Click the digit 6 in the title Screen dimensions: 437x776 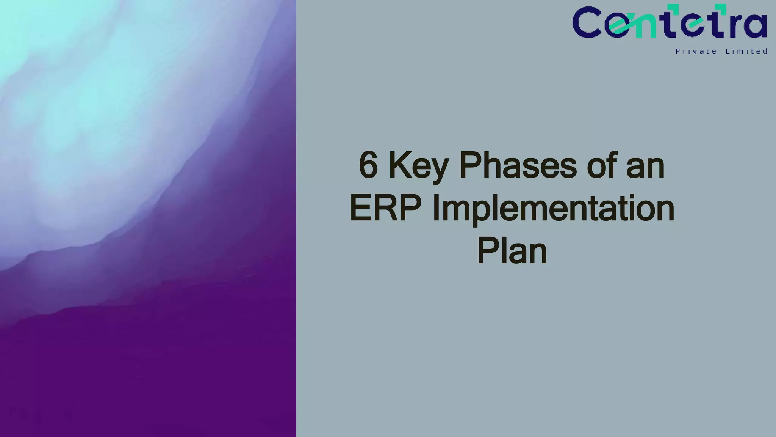click(368, 166)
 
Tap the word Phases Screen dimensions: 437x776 click(518, 166)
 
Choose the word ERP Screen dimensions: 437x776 click(385, 208)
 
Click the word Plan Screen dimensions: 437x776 click(512, 251)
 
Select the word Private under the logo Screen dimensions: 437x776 click(696, 51)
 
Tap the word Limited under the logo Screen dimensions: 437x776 click(746, 51)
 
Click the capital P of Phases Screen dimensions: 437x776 click(469, 166)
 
